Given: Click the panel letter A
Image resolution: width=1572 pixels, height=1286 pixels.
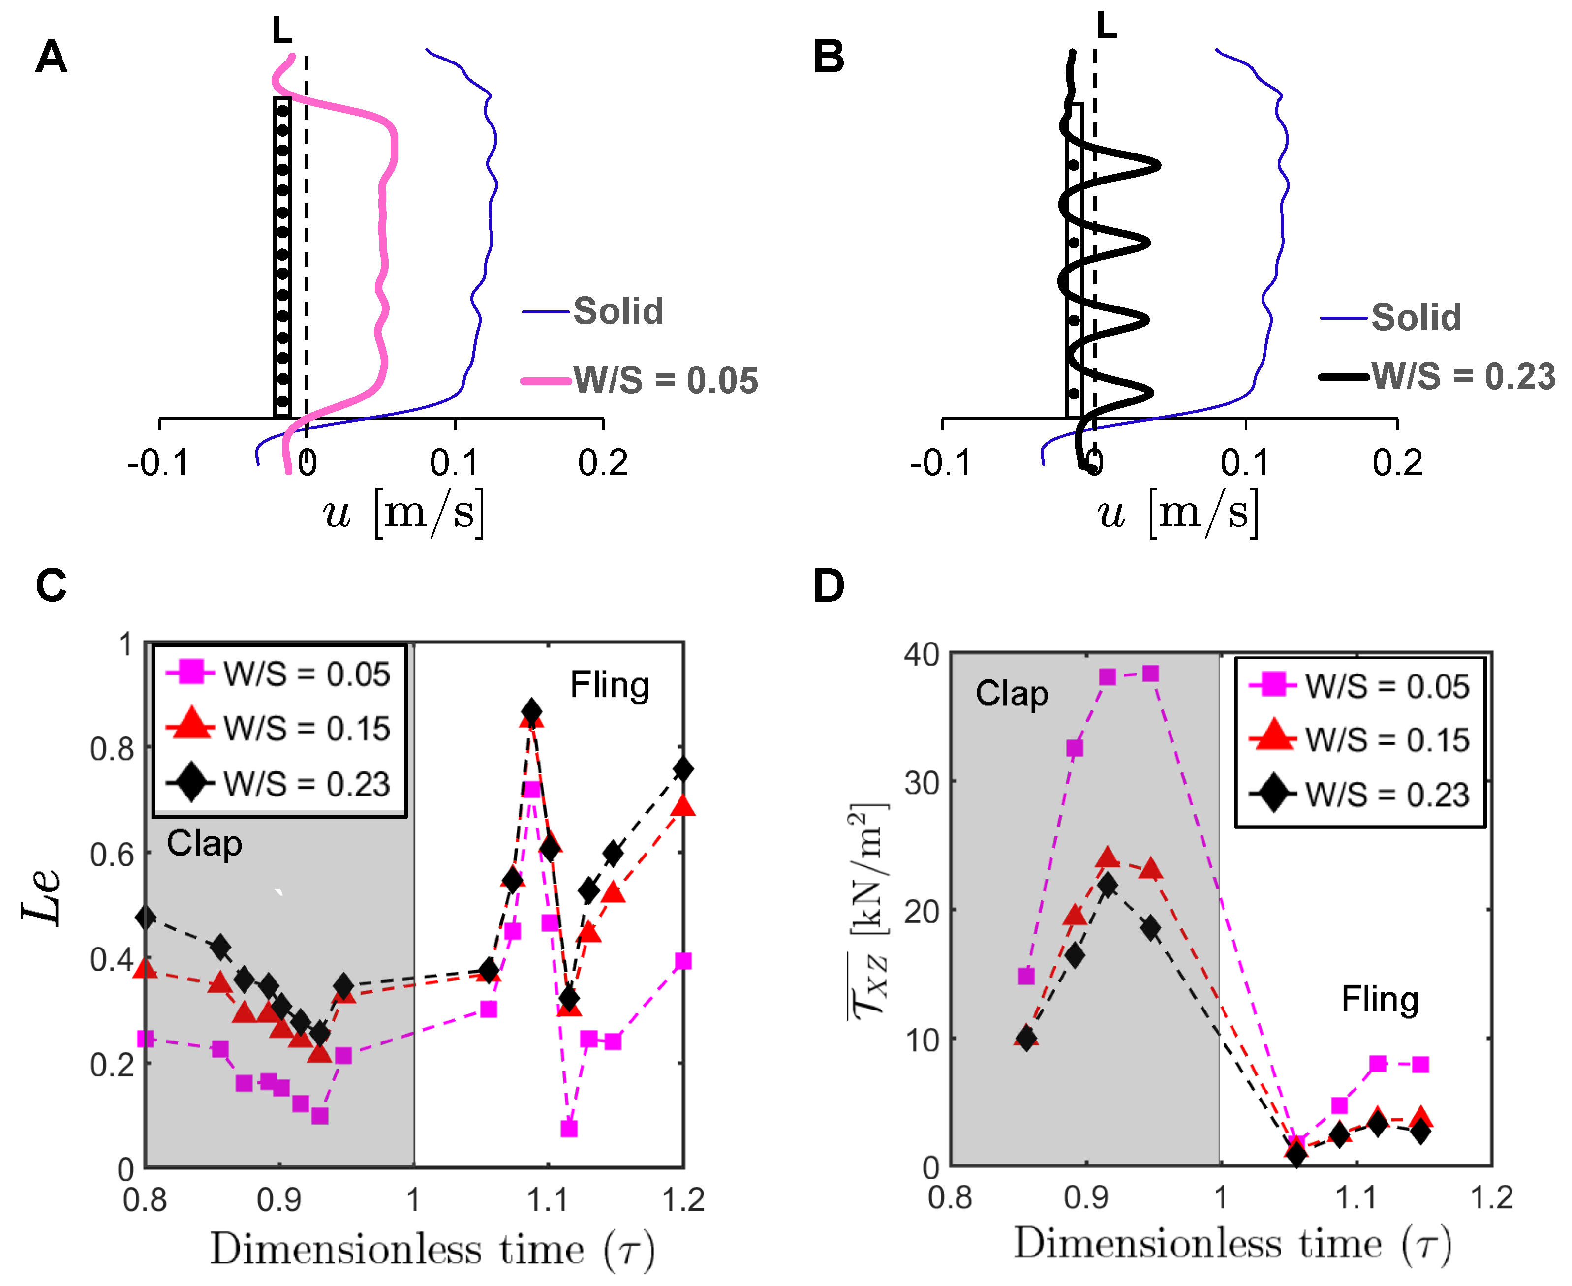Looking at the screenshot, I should pos(51,57).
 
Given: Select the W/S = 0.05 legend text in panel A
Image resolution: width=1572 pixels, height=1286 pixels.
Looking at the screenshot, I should pos(665,381).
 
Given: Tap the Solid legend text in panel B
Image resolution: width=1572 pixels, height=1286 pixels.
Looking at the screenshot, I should pos(1416,318).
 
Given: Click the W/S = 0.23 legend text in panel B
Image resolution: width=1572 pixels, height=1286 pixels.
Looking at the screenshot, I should pos(1463,376).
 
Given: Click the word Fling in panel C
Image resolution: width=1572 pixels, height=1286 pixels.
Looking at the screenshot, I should pos(609,685).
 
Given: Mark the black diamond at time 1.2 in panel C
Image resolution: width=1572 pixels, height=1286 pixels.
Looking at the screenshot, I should pos(683,769).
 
